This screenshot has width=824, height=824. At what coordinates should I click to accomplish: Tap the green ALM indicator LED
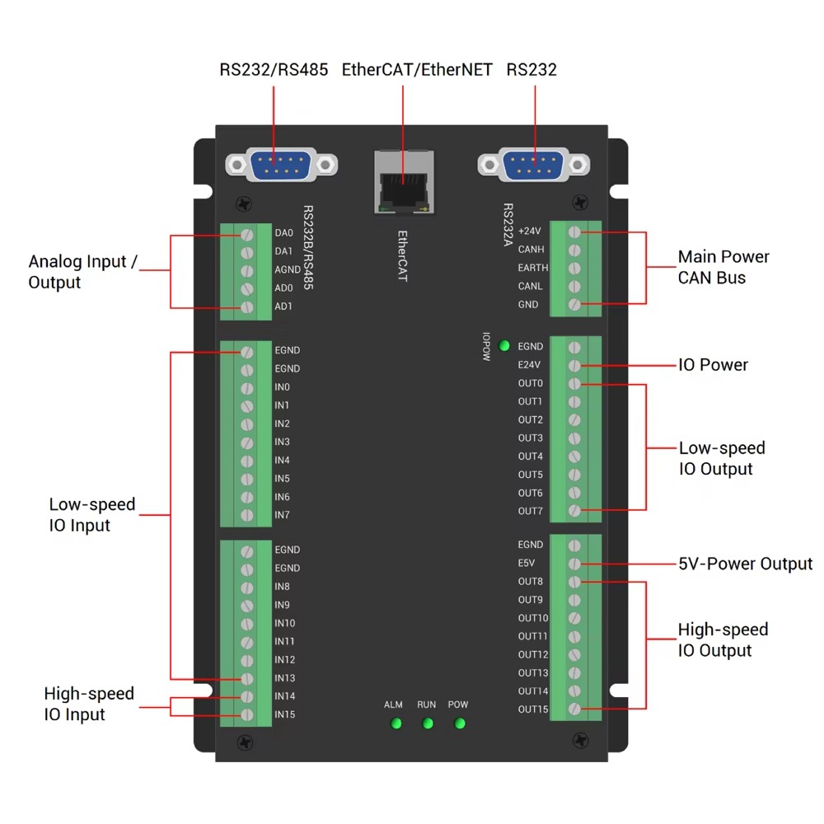point(396,723)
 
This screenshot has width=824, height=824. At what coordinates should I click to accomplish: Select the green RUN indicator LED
point(427,723)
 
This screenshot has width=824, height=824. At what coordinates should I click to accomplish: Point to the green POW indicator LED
point(459,723)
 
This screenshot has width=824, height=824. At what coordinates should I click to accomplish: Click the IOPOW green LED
point(503,345)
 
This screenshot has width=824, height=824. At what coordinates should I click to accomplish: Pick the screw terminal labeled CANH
point(574,250)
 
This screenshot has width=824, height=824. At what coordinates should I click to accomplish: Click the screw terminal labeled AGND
point(246,270)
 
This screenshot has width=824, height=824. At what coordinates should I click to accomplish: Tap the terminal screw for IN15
point(246,715)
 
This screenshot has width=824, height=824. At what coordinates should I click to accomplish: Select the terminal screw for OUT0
point(574,383)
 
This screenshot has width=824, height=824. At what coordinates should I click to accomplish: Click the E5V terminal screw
point(574,564)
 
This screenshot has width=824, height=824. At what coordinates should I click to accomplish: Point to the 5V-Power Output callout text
point(745,564)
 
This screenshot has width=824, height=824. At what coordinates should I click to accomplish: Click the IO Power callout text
point(713,365)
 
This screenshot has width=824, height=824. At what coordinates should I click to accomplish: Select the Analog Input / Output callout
point(82,272)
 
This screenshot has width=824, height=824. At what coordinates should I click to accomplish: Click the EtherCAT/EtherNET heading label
point(417,70)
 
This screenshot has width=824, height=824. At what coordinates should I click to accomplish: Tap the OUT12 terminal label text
point(532,655)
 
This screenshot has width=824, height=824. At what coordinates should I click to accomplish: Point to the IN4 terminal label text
point(283,461)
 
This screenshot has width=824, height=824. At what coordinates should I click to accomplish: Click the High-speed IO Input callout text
point(88,705)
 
